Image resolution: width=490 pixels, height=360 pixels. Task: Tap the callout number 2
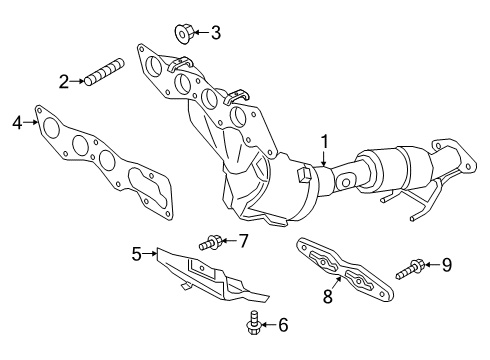[63, 81]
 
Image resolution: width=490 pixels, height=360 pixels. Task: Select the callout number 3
[215, 33]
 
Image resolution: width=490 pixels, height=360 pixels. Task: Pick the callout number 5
[137, 254]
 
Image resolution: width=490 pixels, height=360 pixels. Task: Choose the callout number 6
[255, 324]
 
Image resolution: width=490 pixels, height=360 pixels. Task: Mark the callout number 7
[241, 240]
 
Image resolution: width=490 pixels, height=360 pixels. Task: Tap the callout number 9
[447, 265]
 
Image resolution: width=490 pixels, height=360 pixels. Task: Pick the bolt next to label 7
[210, 241]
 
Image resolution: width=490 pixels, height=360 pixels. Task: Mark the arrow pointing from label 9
[432, 265]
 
